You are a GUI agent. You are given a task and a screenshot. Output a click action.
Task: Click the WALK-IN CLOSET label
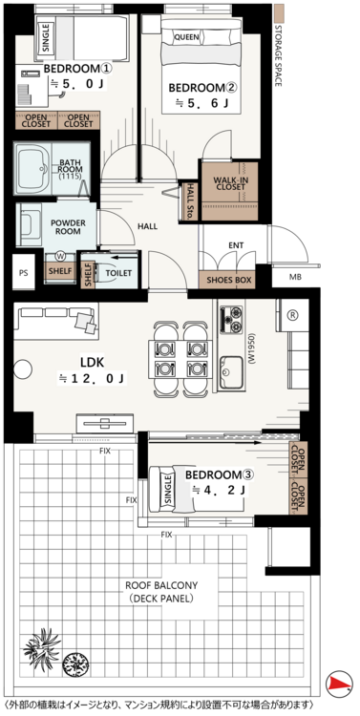[231, 183]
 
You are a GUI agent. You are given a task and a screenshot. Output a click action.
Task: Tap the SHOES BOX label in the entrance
[226, 281]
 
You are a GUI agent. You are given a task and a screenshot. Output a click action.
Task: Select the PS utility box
[24, 273]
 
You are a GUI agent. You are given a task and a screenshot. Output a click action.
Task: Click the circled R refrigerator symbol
[292, 315]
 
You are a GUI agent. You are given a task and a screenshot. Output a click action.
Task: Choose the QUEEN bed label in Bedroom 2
[186, 37]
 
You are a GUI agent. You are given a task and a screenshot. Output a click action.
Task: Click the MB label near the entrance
[295, 277]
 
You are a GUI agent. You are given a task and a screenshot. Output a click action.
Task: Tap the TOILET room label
[118, 273]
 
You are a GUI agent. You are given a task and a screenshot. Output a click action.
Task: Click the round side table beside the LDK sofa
[22, 369]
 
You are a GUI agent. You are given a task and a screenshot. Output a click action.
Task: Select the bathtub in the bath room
[34, 168]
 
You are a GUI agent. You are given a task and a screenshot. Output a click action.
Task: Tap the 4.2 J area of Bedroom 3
[218, 491]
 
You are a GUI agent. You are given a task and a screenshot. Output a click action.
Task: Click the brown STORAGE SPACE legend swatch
[278, 13]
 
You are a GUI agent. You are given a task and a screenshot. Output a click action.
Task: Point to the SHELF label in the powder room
[59, 271]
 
